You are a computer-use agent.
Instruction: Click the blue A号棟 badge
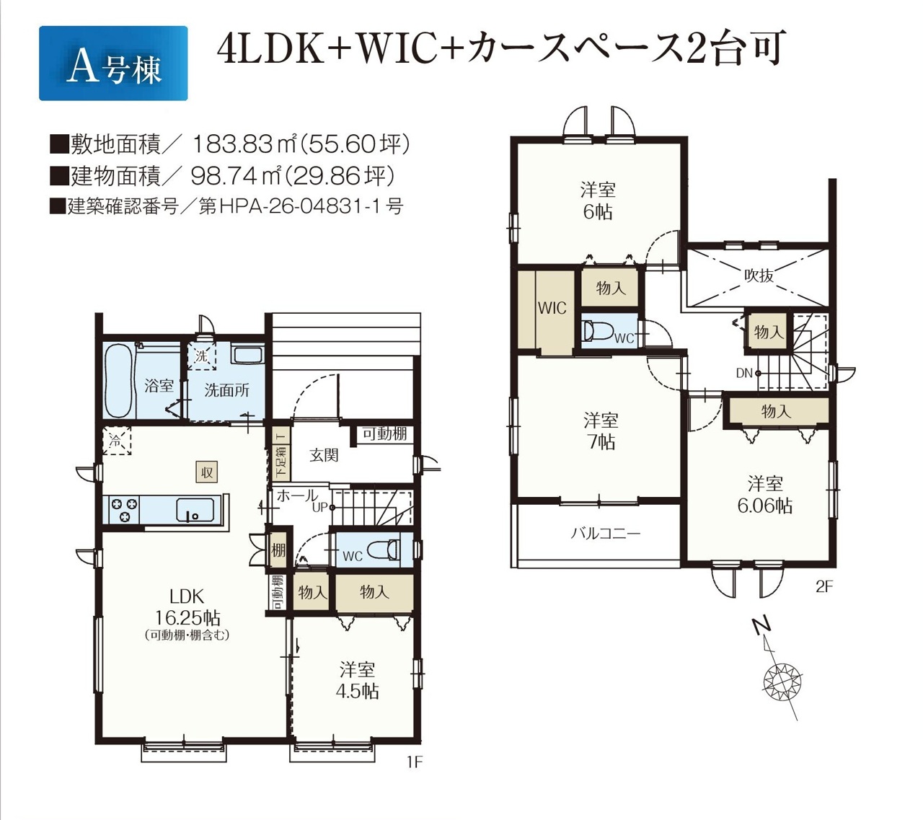click(113, 63)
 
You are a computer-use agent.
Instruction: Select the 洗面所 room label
click(226, 390)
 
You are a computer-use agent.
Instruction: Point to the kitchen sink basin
click(195, 510)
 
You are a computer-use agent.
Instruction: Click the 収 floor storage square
click(207, 472)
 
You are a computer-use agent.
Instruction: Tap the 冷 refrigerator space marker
click(117, 441)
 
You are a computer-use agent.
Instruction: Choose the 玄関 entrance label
click(324, 455)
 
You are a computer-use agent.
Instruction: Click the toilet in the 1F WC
click(383, 550)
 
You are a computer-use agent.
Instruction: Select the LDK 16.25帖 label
click(187, 607)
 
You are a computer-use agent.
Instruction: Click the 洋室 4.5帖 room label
click(357, 681)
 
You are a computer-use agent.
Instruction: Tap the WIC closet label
click(552, 309)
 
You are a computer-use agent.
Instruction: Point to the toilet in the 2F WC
click(599, 331)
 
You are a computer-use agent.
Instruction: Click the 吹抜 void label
click(759, 275)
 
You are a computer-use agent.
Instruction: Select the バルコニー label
click(606, 533)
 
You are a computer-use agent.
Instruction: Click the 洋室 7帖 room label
click(601, 431)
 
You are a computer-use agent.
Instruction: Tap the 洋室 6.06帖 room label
click(765, 495)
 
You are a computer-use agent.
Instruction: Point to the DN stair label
click(744, 374)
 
